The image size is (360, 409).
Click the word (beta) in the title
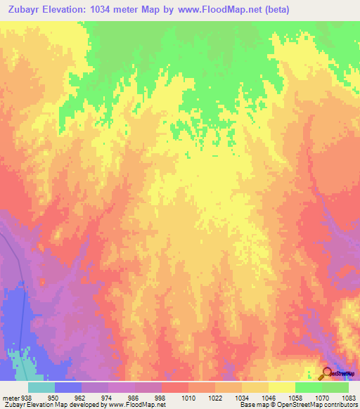coord(273,8)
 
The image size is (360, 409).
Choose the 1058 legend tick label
coord(295,397)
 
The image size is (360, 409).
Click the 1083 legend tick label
coord(349,397)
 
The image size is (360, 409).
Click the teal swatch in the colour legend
coord(41,387)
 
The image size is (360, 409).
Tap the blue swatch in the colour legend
coord(68,387)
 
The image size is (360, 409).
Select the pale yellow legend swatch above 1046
coord(255,387)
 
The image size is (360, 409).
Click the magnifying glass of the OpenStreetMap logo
coord(327,373)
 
